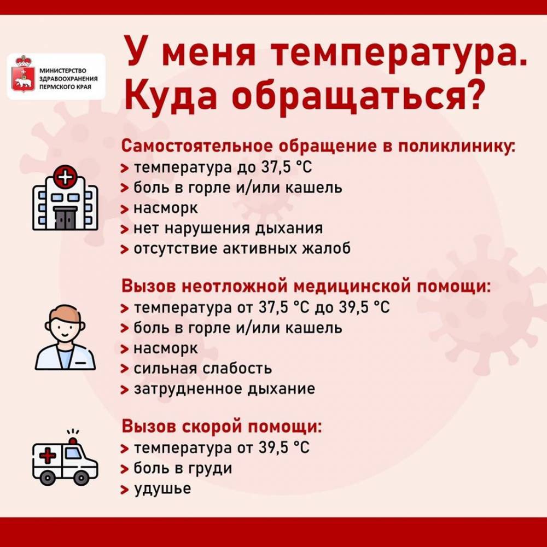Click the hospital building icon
(x=65, y=200)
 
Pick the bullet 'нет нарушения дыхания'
(x=228, y=228)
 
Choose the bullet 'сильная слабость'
(x=203, y=369)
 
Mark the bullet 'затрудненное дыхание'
(x=224, y=389)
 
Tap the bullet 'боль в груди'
(x=183, y=469)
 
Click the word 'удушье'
(x=162, y=488)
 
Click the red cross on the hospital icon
(x=65, y=177)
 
